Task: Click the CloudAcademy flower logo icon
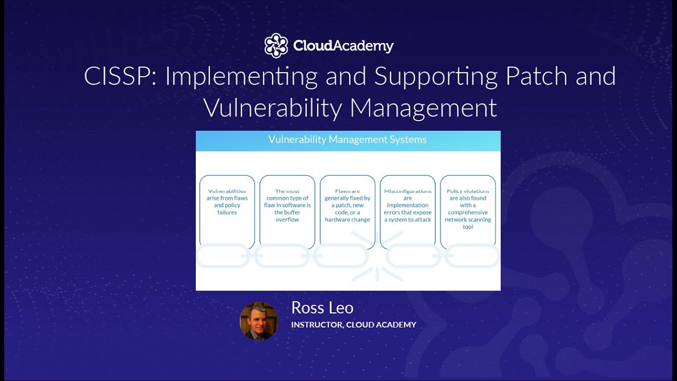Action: point(276,46)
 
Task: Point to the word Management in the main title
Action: point(423,108)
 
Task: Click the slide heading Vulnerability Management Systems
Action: point(347,140)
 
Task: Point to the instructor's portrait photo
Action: point(259,321)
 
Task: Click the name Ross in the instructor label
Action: point(306,307)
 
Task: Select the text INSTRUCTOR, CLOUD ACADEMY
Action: point(353,324)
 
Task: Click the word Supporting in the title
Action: point(436,77)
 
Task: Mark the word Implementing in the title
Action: point(241,77)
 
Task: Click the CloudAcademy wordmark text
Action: point(343,46)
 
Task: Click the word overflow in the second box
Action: point(287,220)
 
